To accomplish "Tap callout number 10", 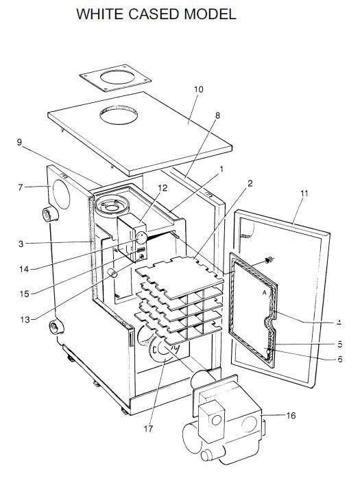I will [x=198, y=90].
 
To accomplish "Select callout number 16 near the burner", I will [x=290, y=416].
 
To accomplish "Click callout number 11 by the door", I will [x=304, y=194].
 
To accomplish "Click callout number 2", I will [x=250, y=183].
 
